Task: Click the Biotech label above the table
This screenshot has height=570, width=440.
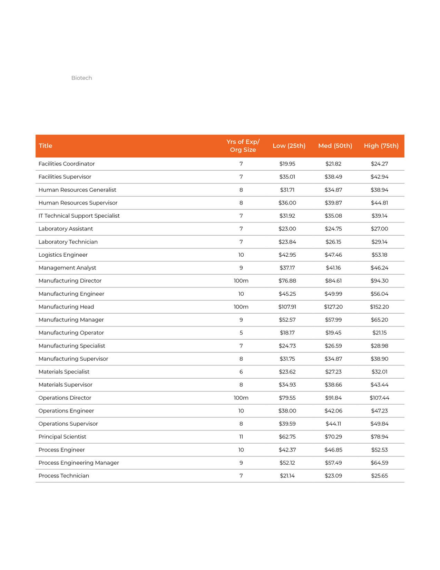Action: pyautogui.click(x=81, y=78)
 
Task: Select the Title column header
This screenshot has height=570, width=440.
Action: pyautogui.click(x=46, y=146)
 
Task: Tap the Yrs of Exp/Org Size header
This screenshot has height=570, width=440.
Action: pyautogui.click(x=243, y=146)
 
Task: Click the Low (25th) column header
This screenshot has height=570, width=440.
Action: pyautogui.click(x=289, y=146)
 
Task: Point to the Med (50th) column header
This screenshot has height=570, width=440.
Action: pyautogui.click(x=335, y=146)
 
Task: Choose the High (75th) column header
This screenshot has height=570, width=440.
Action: pyautogui.click(x=381, y=146)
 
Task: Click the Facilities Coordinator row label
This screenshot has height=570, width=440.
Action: pyautogui.click(x=67, y=164)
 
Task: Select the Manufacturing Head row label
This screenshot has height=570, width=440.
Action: pyautogui.click(x=66, y=307)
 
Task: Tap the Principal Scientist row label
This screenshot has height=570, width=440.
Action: pyautogui.click(x=62, y=437)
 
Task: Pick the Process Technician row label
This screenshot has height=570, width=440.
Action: pyautogui.click(x=64, y=476)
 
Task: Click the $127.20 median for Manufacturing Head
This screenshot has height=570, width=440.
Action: pyautogui.click(x=333, y=307)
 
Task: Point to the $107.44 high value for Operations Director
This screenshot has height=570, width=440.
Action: pyautogui.click(x=379, y=398)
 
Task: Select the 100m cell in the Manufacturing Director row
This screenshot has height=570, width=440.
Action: pyautogui.click(x=241, y=281)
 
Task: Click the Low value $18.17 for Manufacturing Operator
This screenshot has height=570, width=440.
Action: pyautogui.click(x=287, y=333)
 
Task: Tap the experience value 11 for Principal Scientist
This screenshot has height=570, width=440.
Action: pyautogui.click(x=241, y=437)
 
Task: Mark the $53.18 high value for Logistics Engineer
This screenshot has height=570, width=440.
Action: pyautogui.click(x=379, y=255)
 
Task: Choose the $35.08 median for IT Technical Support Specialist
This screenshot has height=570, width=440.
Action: pyautogui.click(x=333, y=216)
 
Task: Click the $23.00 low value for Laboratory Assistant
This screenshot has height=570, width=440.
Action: pyautogui.click(x=287, y=229)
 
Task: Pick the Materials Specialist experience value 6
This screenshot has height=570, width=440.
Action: pyautogui.click(x=241, y=372)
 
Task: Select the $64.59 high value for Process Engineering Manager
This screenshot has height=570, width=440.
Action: pyautogui.click(x=379, y=463)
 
